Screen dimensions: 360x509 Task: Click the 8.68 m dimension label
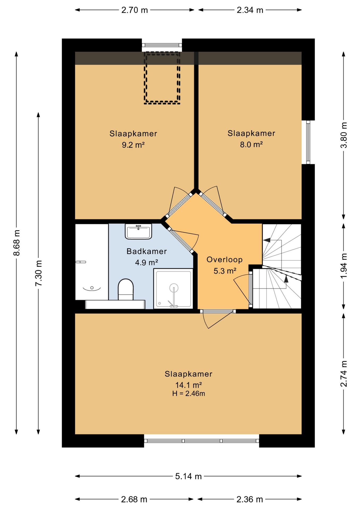pos(17,243)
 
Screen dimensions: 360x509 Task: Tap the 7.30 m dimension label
pos(39,273)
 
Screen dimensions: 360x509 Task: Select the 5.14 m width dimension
pos(188,476)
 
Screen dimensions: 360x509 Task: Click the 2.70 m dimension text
pos(134,10)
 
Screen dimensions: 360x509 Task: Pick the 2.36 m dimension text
pos(250,499)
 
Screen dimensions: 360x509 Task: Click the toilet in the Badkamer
pos(125,289)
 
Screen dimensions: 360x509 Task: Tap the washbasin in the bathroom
pos(138,231)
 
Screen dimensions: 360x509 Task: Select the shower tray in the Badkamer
pos(173,288)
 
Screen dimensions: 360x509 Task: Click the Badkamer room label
pos(147,251)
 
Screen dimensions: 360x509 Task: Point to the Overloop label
pos(225,260)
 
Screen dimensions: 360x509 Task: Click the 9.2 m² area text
pos(133,145)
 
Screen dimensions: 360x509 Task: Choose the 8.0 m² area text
pos(251,144)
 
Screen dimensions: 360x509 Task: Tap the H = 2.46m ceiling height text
pos(188,393)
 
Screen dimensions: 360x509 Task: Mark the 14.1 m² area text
pos(188,385)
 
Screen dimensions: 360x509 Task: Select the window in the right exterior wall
pos(308,142)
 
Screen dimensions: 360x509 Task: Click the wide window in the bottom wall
pos(201,441)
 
